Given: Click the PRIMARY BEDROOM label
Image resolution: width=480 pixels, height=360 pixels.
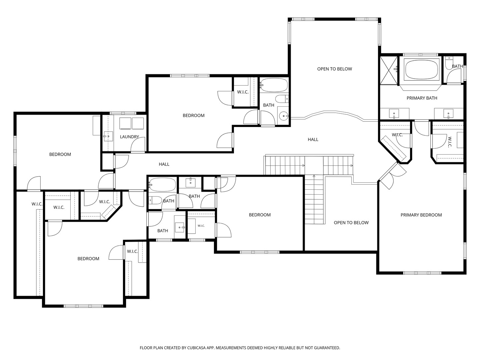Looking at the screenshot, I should coord(421,215).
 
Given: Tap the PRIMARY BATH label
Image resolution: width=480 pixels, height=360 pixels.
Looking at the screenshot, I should coord(422,98).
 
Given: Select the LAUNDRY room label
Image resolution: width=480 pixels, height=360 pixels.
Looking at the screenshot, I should coord(129,137).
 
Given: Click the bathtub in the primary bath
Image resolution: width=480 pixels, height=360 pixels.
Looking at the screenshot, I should coord(421,69).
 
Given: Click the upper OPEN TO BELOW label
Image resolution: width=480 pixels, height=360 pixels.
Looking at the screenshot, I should coord(334,69).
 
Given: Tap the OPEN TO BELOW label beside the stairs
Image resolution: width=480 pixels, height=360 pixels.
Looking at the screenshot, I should coord(351,223).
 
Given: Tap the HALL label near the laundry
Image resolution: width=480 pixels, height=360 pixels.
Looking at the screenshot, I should coord(164,164).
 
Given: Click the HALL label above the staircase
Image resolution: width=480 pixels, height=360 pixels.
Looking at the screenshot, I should coord(313,140).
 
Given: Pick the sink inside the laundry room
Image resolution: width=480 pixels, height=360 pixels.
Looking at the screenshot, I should coord(108,136).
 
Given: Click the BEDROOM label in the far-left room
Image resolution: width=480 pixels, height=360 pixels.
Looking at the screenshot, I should coord(60,154).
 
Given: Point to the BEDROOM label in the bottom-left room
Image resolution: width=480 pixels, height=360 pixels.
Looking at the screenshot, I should coord(88,259).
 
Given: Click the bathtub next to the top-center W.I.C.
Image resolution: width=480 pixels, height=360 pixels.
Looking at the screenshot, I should coord(274,85).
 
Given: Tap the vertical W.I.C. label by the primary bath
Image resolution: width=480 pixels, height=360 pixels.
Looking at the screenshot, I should coord(450,142).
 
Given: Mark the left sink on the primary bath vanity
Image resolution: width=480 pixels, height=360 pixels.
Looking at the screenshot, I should coord(394,114).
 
